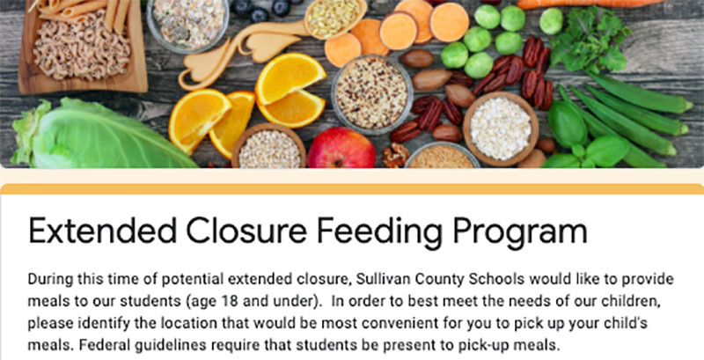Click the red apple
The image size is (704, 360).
[x=341, y=148]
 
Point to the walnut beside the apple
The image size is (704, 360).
[x=396, y=155]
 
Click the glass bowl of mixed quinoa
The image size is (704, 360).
[x=371, y=95]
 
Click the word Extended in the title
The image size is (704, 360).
[x=102, y=231]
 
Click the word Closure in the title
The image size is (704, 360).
[x=247, y=231]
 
